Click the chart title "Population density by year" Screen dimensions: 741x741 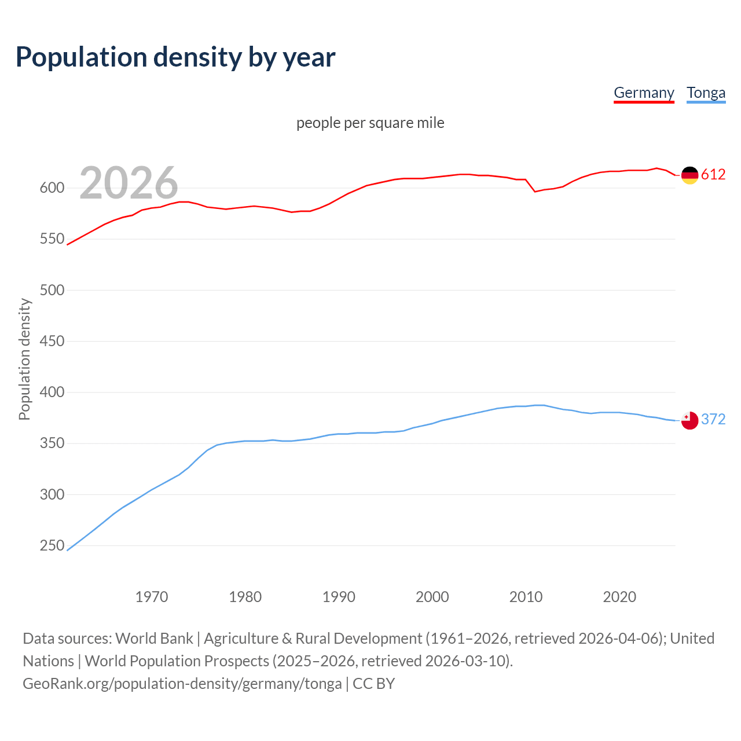coord(175,57)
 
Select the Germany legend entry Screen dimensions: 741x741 coord(644,93)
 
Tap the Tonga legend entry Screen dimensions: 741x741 coord(706,93)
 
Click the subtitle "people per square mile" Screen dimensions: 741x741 coord(370,123)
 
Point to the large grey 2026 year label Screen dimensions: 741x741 coord(129,183)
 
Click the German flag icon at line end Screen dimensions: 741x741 coord(689,175)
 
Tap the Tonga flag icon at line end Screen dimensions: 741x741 coord(689,420)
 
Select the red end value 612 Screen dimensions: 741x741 coord(713,174)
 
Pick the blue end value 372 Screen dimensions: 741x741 coord(713,419)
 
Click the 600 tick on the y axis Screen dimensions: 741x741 coord(52,188)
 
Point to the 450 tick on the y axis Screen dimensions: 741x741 coord(52,341)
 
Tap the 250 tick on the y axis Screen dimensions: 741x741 coord(52,545)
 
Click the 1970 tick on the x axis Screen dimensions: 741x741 coord(152,597)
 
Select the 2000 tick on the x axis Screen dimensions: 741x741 coord(432,597)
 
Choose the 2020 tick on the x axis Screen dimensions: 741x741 coord(619,597)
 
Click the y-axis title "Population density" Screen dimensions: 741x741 coord(24,359)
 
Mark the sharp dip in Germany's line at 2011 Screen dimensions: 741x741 coord(535,191)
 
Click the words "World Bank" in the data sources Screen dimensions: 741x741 coord(154,638)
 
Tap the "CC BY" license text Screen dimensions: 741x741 coord(373,683)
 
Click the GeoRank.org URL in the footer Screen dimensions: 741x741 coord(182,683)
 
